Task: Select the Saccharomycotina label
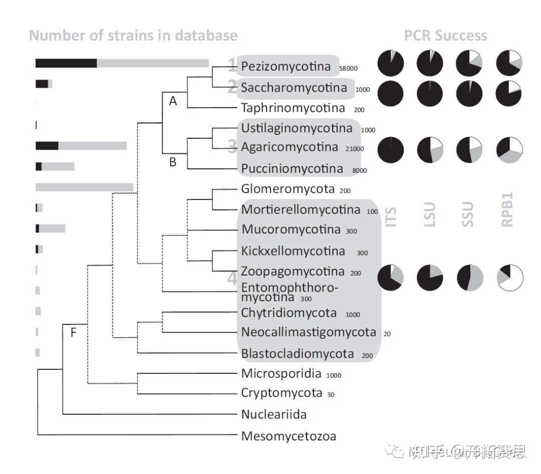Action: click(x=294, y=88)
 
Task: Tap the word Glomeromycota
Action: click(x=288, y=189)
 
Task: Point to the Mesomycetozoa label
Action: click(x=289, y=436)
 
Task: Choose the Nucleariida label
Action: click(x=274, y=414)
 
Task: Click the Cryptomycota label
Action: click(x=282, y=393)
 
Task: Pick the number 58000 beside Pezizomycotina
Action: click(x=348, y=68)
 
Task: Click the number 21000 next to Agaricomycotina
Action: click(x=355, y=149)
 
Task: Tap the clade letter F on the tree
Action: click(x=73, y=332)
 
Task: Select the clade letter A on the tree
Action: click(x=173, y=101)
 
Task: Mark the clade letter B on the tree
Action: click(x=173, y=162)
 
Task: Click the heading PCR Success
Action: click(x=445, y=36)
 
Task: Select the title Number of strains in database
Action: click(x=133, y=36)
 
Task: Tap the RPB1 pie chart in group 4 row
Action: click(x=509, y=277)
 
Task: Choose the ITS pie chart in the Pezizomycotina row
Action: click(x=391, y=63)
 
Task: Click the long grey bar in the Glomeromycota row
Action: click(x=84, y=187)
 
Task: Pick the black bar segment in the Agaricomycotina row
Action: click(x=47, y=146)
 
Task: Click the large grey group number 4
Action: click(x=232, y=278)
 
